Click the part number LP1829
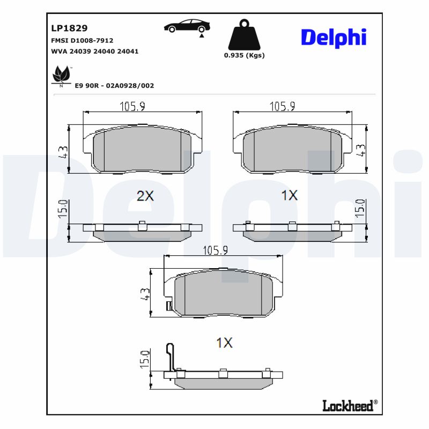[x=69, y=28]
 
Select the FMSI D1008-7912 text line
[x=82, y=40]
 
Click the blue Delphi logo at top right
[x=333, y=37]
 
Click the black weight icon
[x=244, y=35]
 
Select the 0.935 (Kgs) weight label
[x=244, y=55]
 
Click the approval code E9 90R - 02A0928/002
[x=114, y=85]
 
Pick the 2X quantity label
[x=145, y=196]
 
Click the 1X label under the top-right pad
[x=289, y=196]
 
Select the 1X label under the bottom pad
[x=224, y=343]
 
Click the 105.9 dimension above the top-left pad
[x=132, y=106]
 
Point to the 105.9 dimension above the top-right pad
[x=282, y=106]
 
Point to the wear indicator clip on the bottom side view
[x=170, y=357]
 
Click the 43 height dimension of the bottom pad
[x=144, y=294]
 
